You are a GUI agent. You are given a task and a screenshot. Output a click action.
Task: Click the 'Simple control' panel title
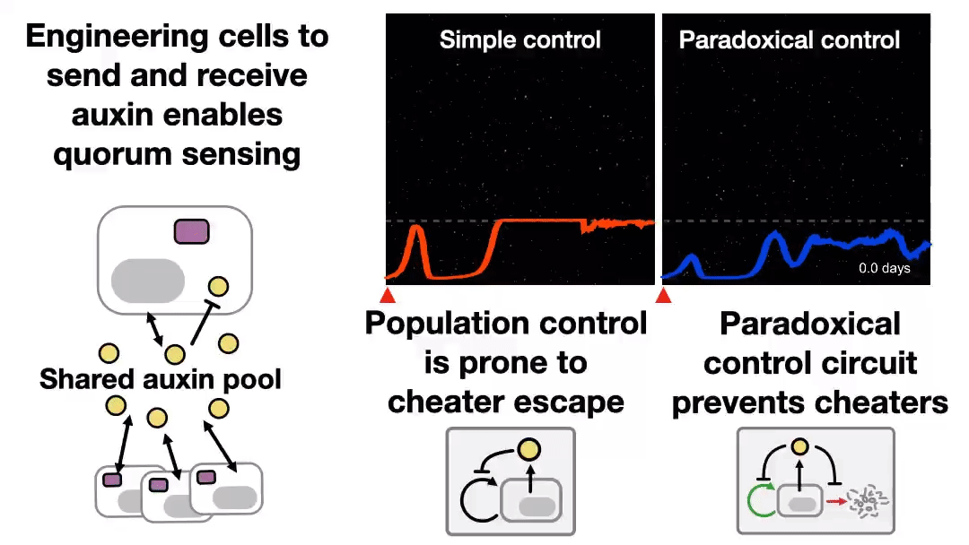[x=519, y=40]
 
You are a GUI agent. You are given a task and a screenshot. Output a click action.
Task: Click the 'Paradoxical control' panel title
[x=790, y=40]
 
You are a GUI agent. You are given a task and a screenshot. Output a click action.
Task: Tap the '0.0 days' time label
[x=884, y=268]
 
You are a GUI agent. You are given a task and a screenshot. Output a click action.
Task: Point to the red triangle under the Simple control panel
[x=388, y=295]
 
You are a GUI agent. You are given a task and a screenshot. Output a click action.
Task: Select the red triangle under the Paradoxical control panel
[x=664, y=295]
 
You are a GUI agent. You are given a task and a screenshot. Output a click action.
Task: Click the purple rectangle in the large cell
[x=192, y=231]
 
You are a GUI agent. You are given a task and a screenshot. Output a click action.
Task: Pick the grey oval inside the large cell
[x=148, y=280]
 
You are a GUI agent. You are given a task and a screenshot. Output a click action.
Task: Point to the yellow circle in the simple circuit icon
[x=528, y=450]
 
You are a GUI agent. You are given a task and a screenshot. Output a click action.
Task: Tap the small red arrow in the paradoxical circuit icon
[x=835, y=503]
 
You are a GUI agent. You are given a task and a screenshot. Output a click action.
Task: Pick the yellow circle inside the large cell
[x=218, y=287]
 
